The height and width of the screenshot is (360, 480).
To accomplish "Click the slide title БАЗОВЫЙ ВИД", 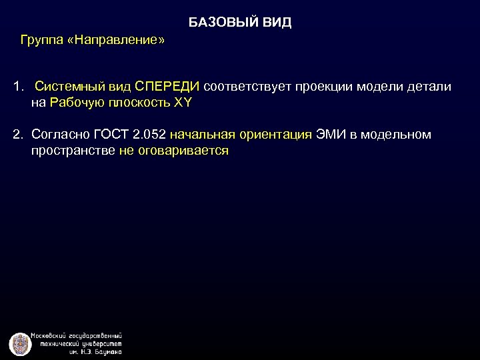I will pyautogui.click(x=240, y=23).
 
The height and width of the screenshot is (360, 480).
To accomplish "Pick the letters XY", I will pyautogui.click(x=182, y=103).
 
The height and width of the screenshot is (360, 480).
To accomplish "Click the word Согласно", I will pyautogui.click(x=60, y=135).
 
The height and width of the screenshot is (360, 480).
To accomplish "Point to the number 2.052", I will pyautogui.click(x=147, y=135).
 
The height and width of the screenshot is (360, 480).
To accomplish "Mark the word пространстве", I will pyautogui.click(x=72, y=151).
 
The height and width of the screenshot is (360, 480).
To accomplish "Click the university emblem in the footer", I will pyautogui.click(x=21, y=343).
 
